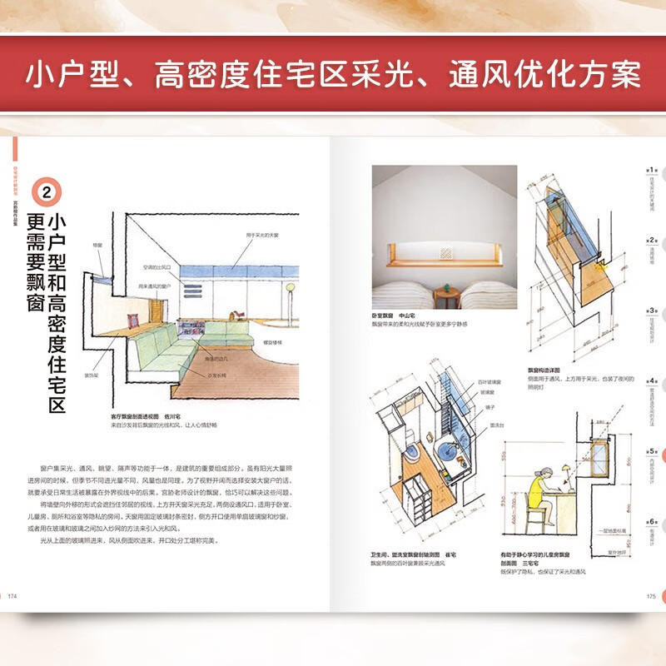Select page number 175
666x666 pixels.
click(651, 595)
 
